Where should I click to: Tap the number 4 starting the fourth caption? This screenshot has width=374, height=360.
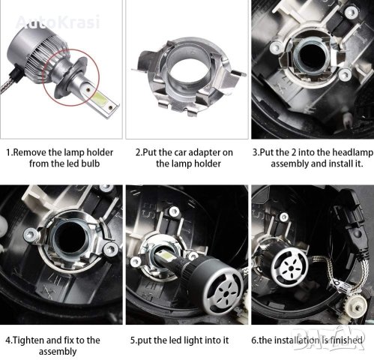coord(8,340)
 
